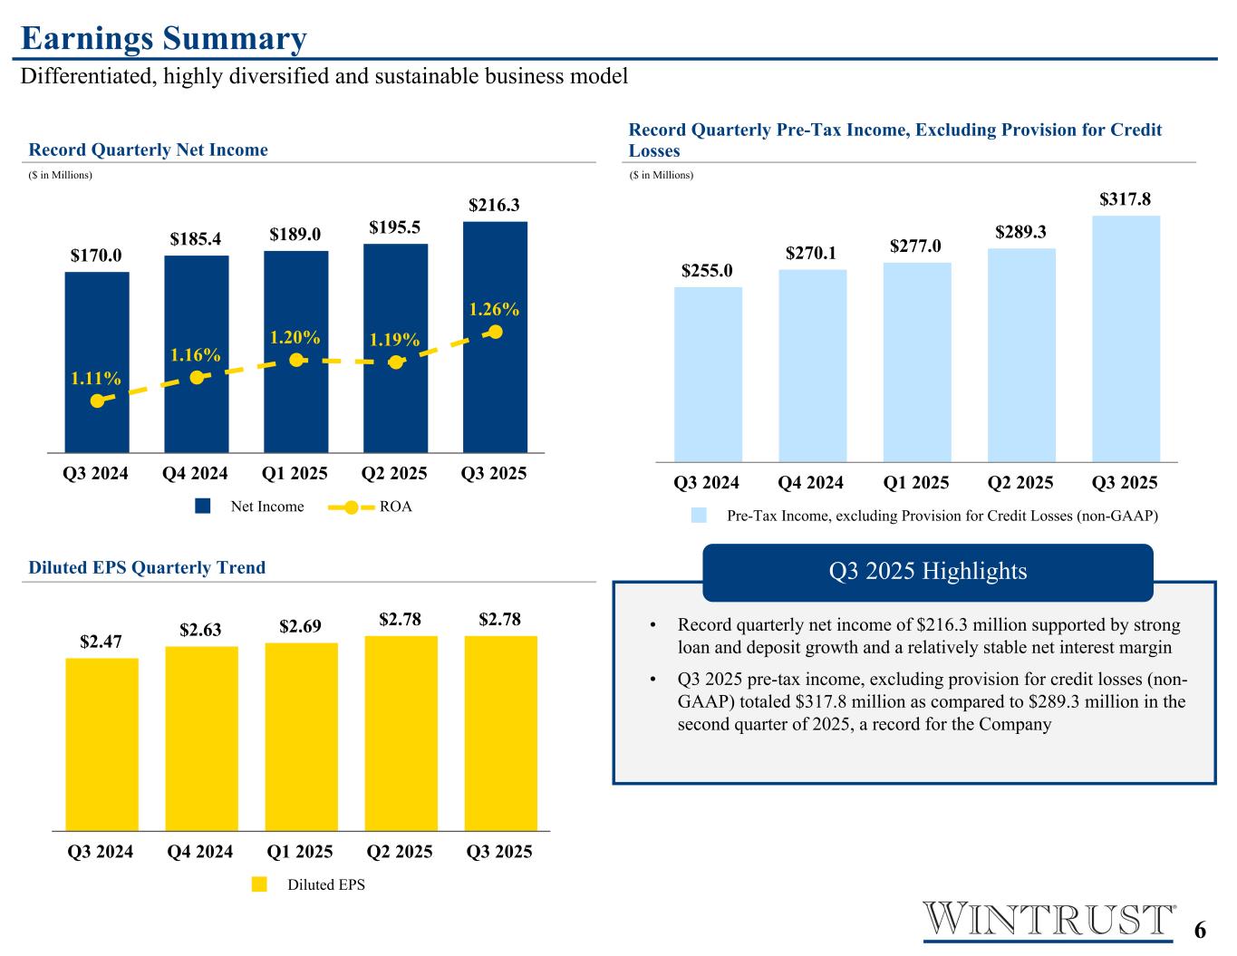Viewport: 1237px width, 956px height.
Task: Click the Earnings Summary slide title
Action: point(164,39)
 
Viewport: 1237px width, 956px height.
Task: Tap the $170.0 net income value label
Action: point(96,256)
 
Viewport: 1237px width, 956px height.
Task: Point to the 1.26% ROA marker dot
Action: point(495,332)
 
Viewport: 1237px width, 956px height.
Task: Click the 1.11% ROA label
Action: point(96,378)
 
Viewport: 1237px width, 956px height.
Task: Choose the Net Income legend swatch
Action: point(204,507)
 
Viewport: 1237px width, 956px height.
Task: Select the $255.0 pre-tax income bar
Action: point(708,374)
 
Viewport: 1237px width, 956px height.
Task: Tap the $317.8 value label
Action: point(1126,198)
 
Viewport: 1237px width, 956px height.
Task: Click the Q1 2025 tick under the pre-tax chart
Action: point(916,482)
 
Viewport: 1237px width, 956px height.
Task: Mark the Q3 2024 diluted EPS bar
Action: point(101,743)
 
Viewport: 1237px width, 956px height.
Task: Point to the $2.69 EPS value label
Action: point(301,626)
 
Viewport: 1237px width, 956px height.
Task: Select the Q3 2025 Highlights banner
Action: point(927,572)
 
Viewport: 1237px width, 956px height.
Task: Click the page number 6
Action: point(1201,931)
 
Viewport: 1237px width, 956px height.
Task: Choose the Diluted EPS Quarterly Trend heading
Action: point(147,568)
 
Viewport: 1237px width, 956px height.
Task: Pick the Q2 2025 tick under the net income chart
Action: point(394,473)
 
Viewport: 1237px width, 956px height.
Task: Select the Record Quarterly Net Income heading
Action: point(149,150)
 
